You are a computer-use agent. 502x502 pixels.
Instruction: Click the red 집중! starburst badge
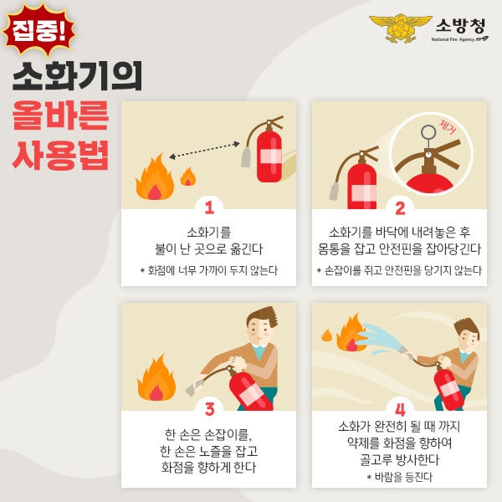(38, 30)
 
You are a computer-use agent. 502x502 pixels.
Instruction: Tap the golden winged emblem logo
(401, 28)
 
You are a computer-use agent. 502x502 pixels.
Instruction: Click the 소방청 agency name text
(460, 26)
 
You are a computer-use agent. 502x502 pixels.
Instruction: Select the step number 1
(209, 207)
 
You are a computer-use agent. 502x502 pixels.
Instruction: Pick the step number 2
(400, 207)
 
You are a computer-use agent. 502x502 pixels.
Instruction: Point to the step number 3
(209, 409)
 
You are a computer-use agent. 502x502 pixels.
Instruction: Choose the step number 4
(400, 409)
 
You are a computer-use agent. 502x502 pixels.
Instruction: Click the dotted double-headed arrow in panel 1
(205, 150)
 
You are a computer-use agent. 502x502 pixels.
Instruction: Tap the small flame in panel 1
(188, 176)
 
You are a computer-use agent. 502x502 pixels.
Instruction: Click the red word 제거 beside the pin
(448, 127)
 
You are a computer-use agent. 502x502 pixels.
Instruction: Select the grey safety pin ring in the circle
(428, 131)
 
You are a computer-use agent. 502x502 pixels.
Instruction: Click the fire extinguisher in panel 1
(264, 151)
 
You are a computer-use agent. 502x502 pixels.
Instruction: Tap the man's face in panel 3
(260, 330)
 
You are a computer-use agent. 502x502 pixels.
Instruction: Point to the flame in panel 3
(156, 378)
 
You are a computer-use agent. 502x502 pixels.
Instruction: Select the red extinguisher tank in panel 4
(448, 390)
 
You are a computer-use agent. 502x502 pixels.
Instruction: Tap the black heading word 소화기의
(78, 76)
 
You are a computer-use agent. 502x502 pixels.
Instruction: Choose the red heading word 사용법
(61, 156)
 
